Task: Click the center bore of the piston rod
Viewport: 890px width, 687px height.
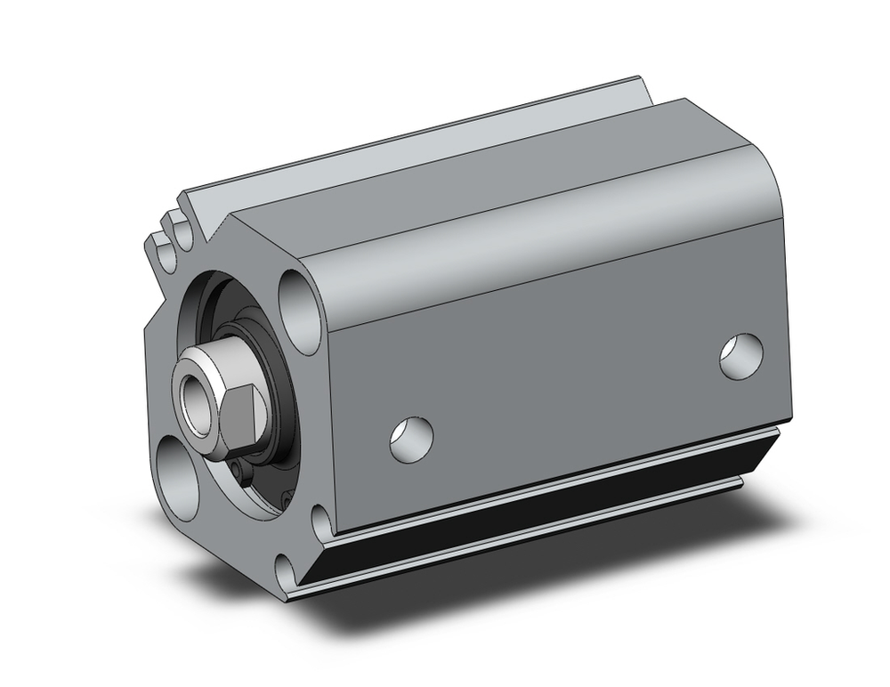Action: (x=195, y=391)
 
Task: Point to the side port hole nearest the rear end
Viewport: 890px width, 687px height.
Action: (x=740, y=356)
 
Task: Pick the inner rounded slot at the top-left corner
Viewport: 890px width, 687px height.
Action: (x=185, y=233)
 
